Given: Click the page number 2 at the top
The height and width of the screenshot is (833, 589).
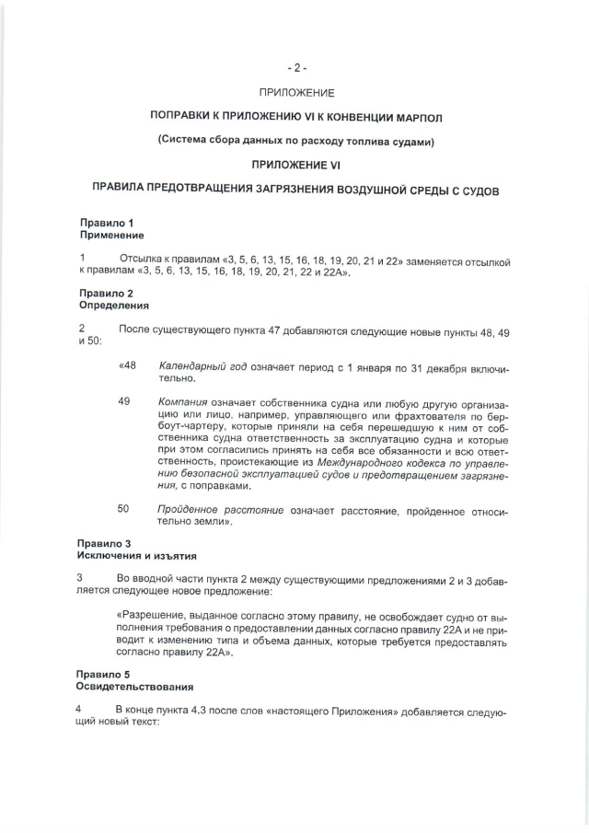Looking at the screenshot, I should pyautogui.click(x=295, y=67).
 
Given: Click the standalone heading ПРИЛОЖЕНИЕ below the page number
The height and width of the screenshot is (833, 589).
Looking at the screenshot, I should pyautogui.click(x=295, y=93).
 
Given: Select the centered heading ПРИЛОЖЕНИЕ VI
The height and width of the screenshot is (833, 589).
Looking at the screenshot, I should pyautogui.click(x=295, y=164).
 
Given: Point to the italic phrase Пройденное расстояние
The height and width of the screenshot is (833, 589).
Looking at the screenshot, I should pyautogui.click(x=220, y=509).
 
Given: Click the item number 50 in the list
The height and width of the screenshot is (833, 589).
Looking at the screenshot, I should pyautogui.click(x=123, y=509).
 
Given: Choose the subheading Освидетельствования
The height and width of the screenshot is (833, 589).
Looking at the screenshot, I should pyautogui.click(x=134, y=687).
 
